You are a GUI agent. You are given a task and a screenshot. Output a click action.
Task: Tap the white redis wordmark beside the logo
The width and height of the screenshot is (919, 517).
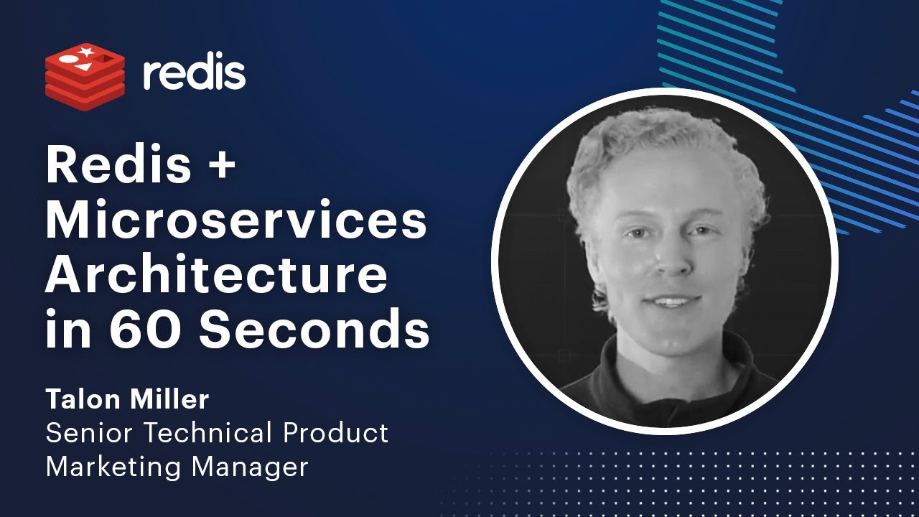(x=194, y=74)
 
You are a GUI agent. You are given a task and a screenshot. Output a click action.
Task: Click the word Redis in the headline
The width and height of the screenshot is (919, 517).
(x=119, y=167)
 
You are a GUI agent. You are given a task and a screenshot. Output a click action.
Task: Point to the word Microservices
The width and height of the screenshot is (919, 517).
(x=236, y=222)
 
